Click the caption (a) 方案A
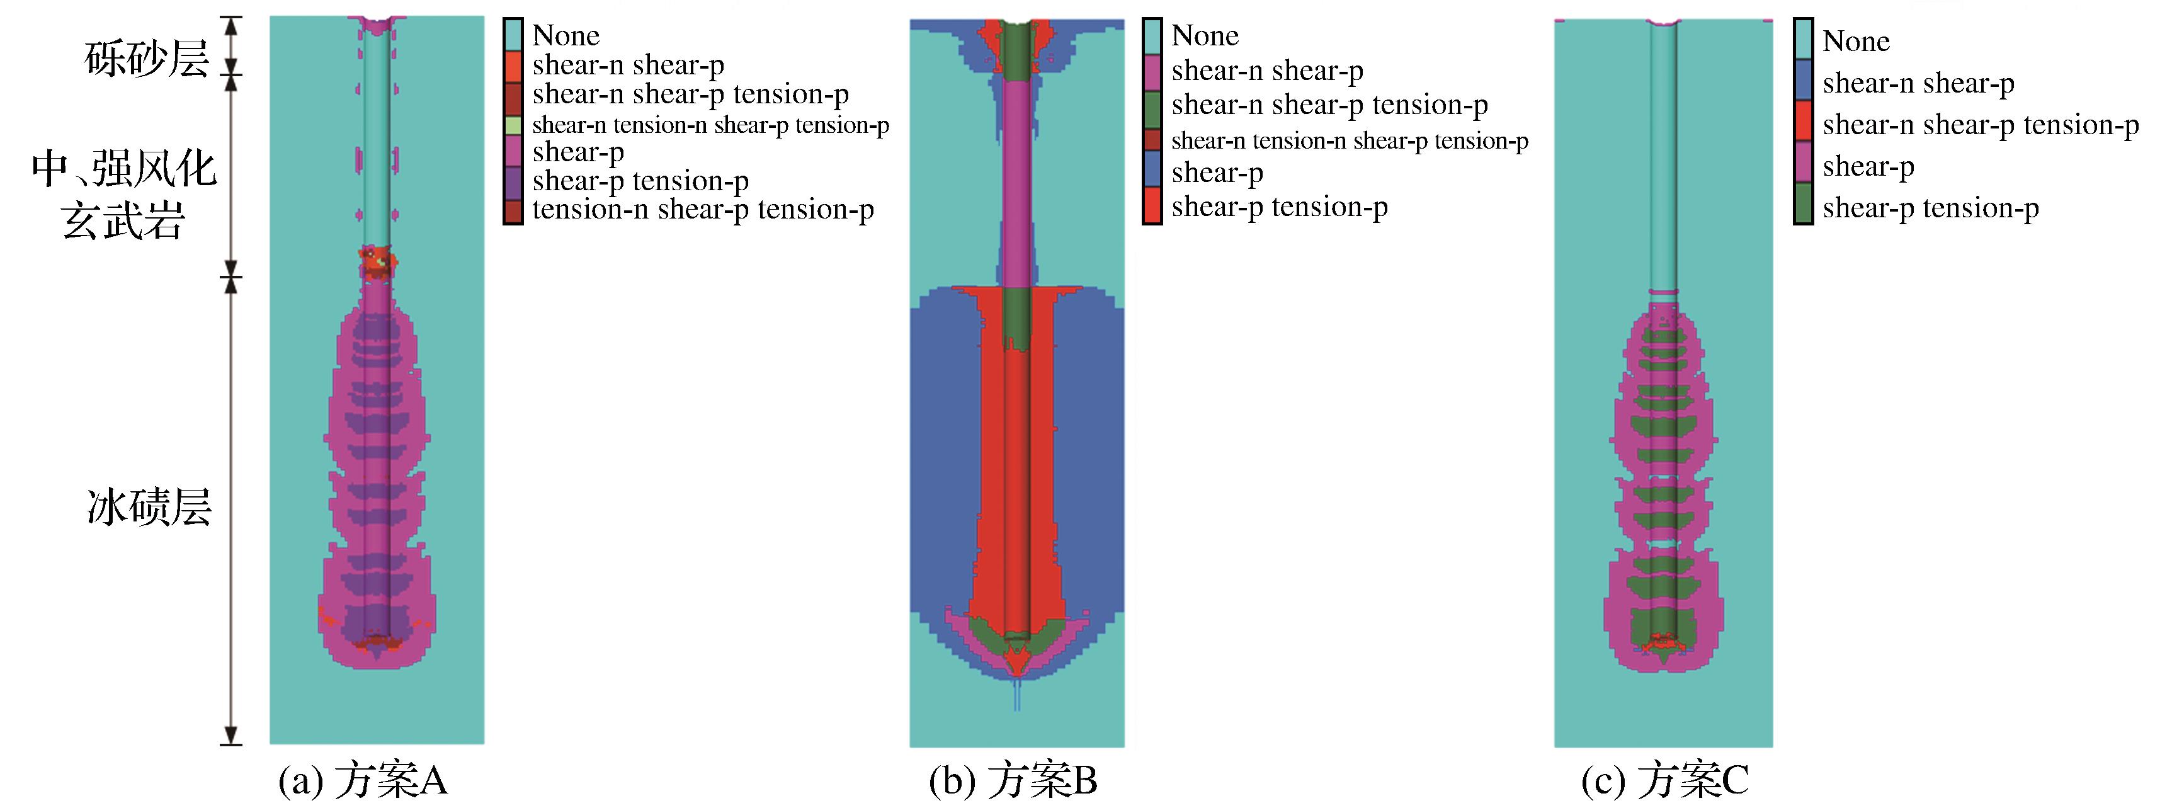(x=363, y=780)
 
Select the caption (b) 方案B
(x=1013, y=780)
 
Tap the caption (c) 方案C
(x=1664, y=780)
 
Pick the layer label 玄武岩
(x=123, y=221)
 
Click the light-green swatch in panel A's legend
(x=513, y=125)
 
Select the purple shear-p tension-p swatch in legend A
(x=513, y=181)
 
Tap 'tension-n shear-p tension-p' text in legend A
(x=702, y=209)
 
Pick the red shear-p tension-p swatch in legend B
(x=1152, y=207)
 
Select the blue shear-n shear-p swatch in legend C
(x=1804, y=83)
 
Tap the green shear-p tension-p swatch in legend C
(x=1804, y=207)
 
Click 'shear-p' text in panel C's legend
(x=1868, y=166)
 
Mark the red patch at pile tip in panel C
(x=1663, y=644)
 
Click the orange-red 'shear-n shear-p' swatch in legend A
(x=513, y=65)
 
